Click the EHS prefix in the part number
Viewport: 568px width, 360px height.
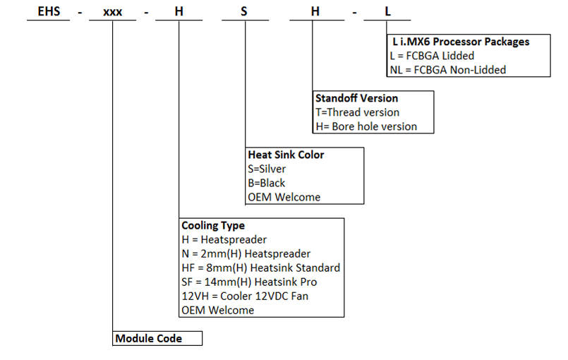click(x=49, y=11)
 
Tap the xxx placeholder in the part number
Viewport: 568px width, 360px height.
click(x=113, y=12)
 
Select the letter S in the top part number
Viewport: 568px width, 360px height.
click(x=244, y=11)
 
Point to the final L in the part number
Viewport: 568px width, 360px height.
click(x=387, y=11)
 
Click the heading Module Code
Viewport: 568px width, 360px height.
click(x=148, y=338)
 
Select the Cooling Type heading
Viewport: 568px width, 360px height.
click(x=213, y=225)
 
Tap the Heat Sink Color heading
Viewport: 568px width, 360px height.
click(x=286, y=155)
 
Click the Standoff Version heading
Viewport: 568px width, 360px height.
click(x=356, y=98)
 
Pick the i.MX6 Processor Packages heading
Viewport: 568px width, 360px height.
click(x=461, y=42)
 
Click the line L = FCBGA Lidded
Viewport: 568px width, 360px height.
click(x=432, y=56)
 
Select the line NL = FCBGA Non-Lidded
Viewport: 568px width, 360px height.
click(x=448, y=70)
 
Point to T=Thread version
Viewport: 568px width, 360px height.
click(x=357, y=112)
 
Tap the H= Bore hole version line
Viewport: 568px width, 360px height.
click(x=366, y=126)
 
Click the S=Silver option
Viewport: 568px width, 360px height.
click(x=267, y=169)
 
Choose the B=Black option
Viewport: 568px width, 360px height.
click(x=266, y=183)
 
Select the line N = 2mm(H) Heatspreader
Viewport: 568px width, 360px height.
click(x=246, y=254)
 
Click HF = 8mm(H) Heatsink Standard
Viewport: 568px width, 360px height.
click(x=261, y=268)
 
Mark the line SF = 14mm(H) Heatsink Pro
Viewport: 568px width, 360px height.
click(x=249, y=282)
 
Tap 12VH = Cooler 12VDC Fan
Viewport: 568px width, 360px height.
click(x=245, y=296)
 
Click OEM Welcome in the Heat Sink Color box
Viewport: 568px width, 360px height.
click(x=284, y=197)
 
